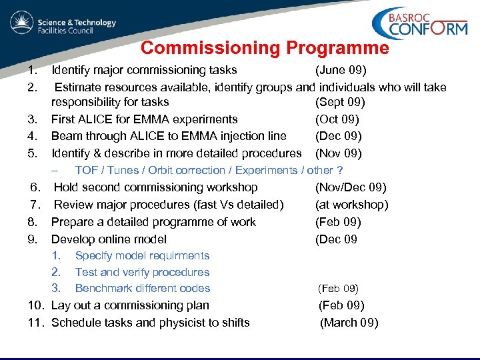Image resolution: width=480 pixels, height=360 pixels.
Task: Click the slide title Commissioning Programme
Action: [265, 48]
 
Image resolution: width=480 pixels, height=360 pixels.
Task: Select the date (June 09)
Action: [341, 70]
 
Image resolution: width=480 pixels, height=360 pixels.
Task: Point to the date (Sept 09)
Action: [340, 103]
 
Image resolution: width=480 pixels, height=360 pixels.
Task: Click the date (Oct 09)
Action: [337, 119]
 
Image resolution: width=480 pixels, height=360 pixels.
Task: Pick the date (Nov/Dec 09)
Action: [351, 188]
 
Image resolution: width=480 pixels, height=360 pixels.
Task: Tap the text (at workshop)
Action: [351, 205]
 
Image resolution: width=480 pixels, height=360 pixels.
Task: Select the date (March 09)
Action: [349, 323]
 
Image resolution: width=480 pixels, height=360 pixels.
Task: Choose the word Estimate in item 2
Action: [79, 87]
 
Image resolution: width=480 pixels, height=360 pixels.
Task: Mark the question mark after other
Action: [340, 171]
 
